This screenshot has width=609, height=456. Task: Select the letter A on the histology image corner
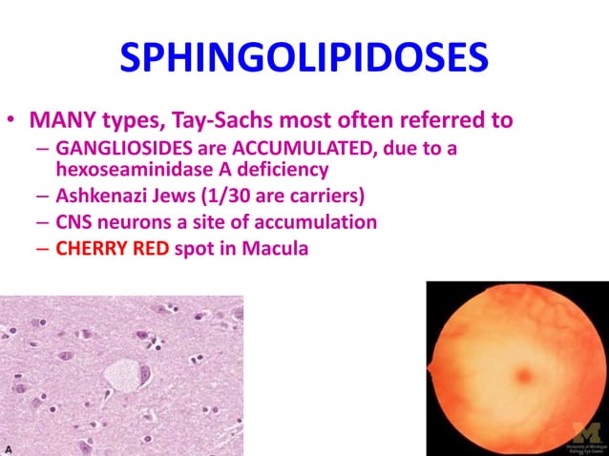coord(9,447)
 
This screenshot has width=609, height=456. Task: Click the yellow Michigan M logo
coord(584,430)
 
